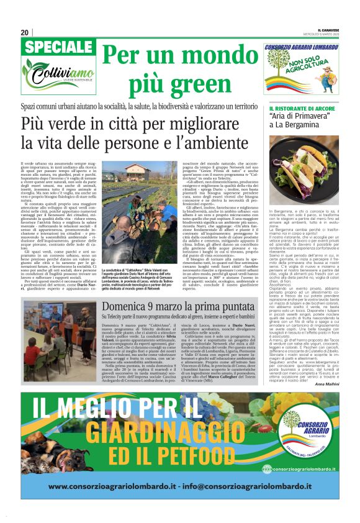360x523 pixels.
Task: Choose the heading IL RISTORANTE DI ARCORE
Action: click(x=296, y=110)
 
